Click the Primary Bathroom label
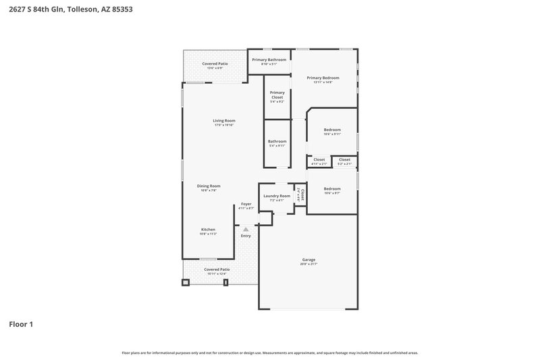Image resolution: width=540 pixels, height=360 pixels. pos(269,59)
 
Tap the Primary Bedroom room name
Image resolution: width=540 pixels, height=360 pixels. pos(323,78)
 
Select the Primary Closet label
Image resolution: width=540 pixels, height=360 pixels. pos(277,95)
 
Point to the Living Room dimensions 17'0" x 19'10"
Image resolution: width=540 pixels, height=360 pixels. pos(224,125)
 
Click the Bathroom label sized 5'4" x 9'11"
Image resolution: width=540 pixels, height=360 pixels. pos(277,141)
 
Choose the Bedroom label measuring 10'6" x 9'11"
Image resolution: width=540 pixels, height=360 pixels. pos(332,130)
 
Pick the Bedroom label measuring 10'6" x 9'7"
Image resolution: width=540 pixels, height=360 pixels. pos(332,188)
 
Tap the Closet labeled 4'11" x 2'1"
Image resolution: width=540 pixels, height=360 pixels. pos(319,159)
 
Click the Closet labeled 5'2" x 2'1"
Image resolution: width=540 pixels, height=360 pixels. pos(344,159)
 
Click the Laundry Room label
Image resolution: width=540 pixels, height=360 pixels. pos(277,196)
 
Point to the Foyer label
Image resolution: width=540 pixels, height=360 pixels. pos(246,204)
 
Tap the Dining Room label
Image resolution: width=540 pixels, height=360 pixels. pos(209,186)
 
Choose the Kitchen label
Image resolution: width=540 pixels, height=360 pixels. pos(208,230)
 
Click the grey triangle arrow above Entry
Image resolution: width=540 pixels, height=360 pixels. pos(246,230)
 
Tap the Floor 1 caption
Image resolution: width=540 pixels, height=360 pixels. pos(21,324)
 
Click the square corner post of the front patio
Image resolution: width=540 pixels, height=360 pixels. pos(185,282)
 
